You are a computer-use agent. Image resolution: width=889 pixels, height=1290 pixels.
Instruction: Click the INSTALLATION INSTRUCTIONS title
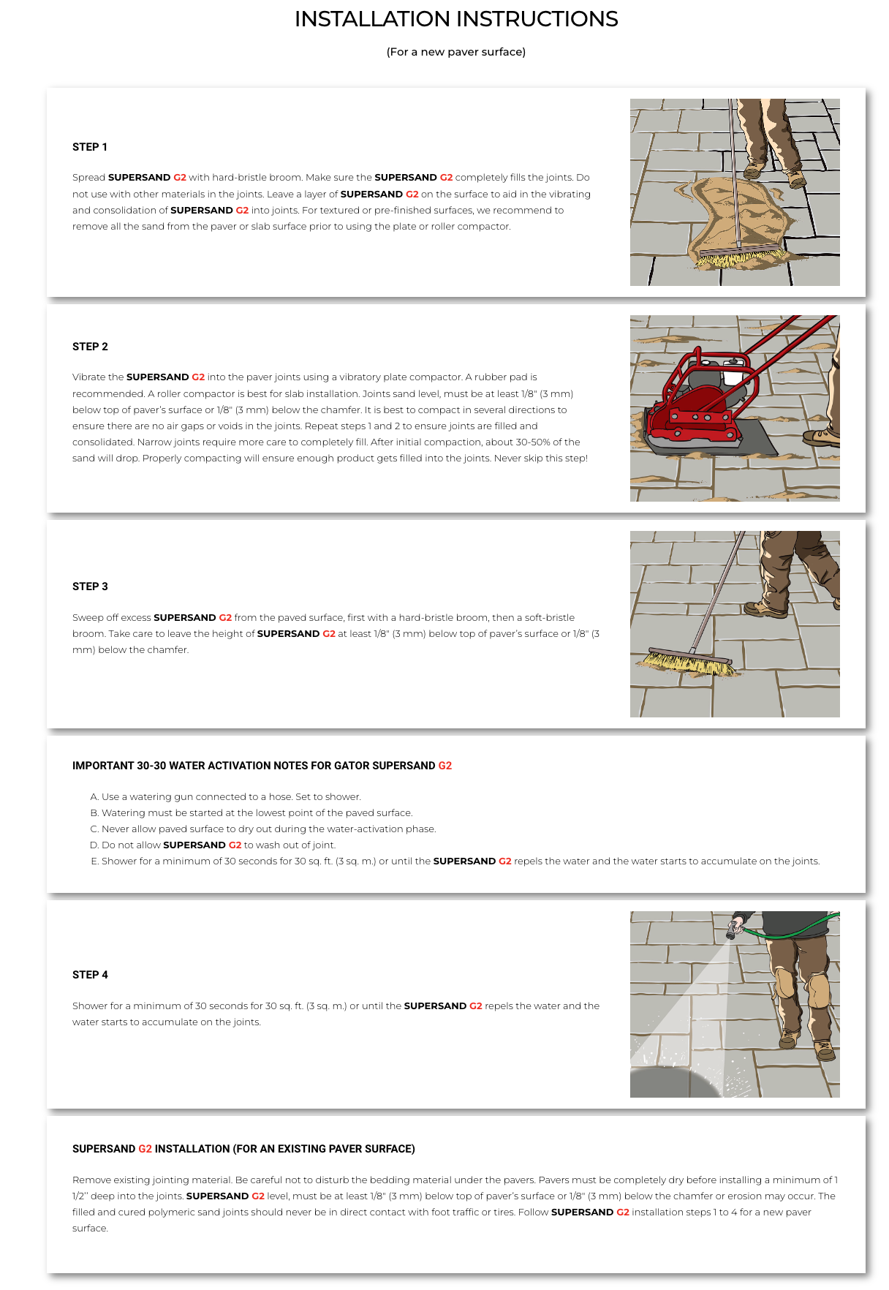coord(456,19)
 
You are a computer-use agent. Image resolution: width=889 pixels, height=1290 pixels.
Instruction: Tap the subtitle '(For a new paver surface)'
coord(456,52)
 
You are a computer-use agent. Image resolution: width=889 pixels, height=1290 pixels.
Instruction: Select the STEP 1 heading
coord(90,147)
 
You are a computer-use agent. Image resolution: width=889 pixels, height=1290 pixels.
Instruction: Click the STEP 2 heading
coord(90,347)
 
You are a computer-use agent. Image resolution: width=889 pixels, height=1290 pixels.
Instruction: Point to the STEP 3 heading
coord(90,586)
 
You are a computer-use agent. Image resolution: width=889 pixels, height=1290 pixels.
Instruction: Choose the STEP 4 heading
coord(90,975)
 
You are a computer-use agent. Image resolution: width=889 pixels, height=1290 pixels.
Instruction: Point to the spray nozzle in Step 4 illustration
coord(733,930)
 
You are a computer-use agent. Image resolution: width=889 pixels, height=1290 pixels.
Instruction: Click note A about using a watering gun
coord(226,796)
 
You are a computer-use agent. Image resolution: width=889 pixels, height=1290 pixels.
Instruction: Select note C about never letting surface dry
coord(263,829)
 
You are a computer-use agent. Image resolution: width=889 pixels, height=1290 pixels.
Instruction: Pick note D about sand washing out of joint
coord(213,845)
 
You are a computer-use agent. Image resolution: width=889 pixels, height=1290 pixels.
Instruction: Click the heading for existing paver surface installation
coord(243,1149)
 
